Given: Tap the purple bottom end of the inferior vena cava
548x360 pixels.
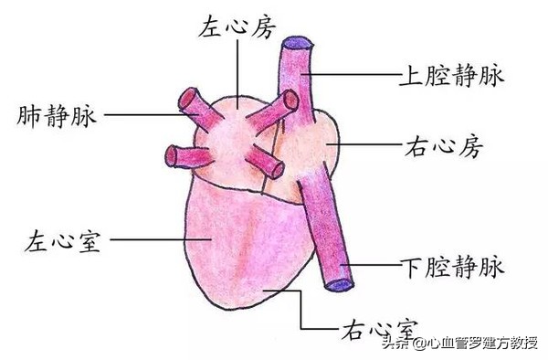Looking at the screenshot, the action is tap(339, 283).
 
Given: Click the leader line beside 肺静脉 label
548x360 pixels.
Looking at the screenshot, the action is tap(146, 115).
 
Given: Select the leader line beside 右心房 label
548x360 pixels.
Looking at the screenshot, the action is tap(365, 144).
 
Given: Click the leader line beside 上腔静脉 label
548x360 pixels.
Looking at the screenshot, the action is tap(352, 72).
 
